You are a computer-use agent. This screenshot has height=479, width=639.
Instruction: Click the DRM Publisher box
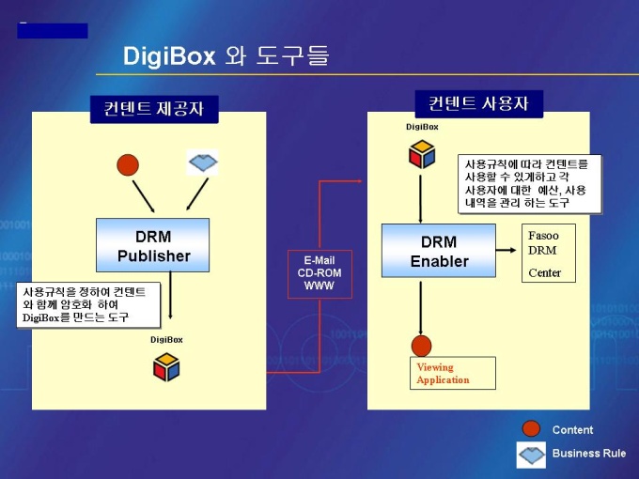point(152,245)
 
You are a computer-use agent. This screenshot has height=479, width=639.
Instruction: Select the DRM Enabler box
point(439,251)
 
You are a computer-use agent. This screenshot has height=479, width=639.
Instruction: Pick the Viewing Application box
point(452,373)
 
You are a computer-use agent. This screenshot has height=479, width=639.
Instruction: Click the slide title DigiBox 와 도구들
point(226,56)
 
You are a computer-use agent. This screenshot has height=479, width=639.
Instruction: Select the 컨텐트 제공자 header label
point(154,109)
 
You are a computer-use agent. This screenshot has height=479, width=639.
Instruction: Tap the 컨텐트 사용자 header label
point(478,103)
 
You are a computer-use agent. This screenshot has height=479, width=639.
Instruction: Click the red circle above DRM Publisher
point(128,165)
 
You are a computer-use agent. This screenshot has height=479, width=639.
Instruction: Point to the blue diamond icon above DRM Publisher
point(202,162)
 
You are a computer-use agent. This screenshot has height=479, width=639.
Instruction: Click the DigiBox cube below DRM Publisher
point(166,366)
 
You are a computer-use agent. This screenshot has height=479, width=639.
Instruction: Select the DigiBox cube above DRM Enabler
point(422,153)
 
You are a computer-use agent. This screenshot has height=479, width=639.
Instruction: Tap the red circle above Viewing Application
point(421,345)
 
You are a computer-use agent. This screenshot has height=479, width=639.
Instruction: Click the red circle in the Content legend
point(531,429)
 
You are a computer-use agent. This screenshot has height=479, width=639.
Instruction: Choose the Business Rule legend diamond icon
point(531,454)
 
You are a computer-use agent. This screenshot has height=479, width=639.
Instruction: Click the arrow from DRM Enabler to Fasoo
point(507,251)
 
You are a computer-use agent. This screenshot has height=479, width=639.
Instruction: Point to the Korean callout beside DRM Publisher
point(87,304)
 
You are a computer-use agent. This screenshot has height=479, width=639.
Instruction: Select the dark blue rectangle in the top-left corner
point(53,31)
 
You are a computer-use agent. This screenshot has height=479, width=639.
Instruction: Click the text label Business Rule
point(588,454)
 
